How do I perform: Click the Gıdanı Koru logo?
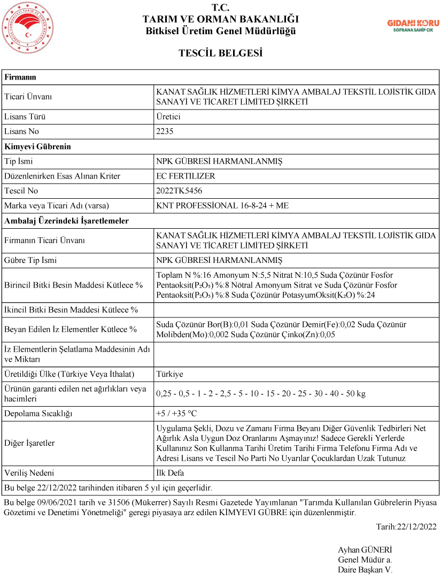(x=413, y=26)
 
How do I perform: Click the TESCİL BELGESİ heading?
(x=220, y=53)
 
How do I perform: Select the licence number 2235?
(x=165, y=131)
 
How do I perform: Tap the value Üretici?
(x=168, y=116)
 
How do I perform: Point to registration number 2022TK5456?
(x=179, y=191)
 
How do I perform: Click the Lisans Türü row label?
(x=25, y=116)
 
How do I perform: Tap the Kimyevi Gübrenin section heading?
(x=37, y=146)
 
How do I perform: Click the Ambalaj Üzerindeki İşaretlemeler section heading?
(x=66, y=220)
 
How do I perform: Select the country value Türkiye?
(x=169, y=374)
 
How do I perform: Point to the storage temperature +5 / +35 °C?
(x=176, y=414)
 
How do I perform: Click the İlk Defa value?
(x=170, y=473)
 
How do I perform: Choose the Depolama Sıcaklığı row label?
(x=38, y=414)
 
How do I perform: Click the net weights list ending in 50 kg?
(x=261, y=394)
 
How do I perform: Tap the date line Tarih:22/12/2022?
(x=406, y=527)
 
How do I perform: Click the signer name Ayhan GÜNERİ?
(x=365, y=550)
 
